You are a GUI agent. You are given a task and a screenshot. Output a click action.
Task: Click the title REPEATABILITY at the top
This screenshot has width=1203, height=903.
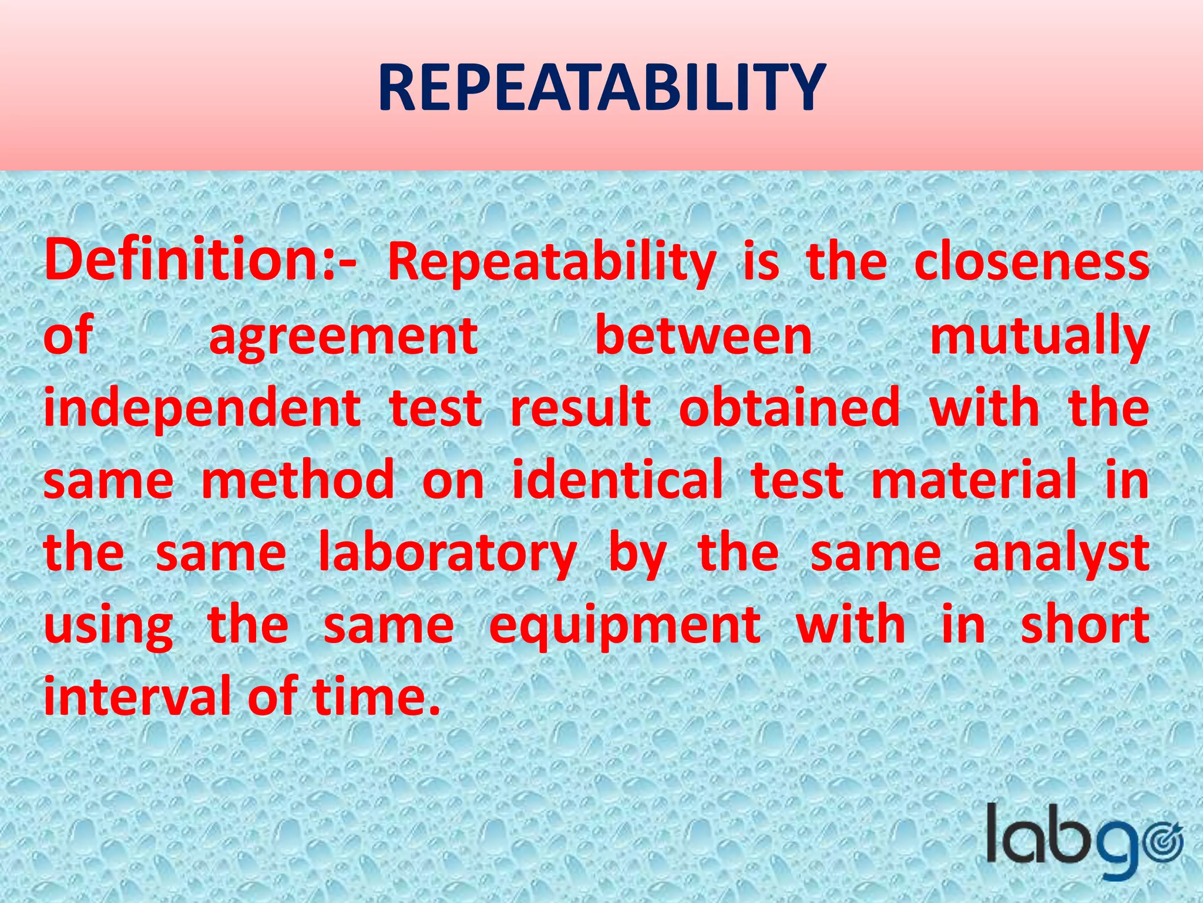coord(601,88)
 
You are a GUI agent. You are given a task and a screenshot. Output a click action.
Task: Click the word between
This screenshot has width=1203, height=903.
coord(704,336)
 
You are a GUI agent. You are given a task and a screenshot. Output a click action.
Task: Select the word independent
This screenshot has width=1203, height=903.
coord(202,409)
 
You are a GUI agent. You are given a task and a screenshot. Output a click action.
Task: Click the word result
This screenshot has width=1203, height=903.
coord(580,408)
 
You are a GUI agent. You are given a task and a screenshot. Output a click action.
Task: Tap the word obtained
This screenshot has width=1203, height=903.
coord(789,408)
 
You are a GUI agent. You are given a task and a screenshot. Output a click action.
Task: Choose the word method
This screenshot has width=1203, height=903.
coord(298,481)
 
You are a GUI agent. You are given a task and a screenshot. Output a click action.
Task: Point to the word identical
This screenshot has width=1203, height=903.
coord(617,481)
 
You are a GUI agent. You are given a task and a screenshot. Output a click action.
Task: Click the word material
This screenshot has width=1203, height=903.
coord(974,481)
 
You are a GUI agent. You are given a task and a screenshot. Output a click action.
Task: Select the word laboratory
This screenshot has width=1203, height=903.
coord(447,554)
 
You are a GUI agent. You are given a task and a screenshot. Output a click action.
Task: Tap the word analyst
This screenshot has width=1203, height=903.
coord(1061,554)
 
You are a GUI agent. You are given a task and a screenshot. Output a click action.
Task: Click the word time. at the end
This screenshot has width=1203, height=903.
coord(376,697)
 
